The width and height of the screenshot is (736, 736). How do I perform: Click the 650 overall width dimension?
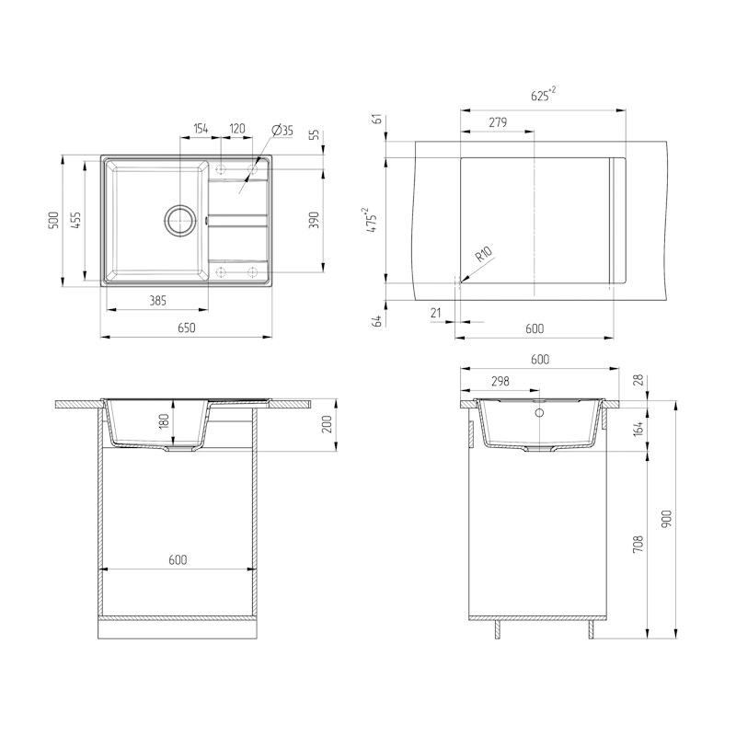coord(187,328)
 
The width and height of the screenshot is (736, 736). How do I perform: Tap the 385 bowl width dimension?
coord(157,301)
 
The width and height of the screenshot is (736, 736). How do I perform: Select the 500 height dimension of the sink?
coord(54,220)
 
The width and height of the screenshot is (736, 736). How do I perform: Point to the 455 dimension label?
coord(75,220)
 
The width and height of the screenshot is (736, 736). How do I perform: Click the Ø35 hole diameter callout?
coord(282,131)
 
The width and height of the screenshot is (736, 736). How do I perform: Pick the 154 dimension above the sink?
coord(201,129)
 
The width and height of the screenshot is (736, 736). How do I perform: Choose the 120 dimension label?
coord(237,129)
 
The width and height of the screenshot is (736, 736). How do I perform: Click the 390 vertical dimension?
coord(314,220)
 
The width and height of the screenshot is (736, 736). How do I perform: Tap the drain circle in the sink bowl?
coord(179,220)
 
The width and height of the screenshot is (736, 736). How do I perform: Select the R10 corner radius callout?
coord(484,254)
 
